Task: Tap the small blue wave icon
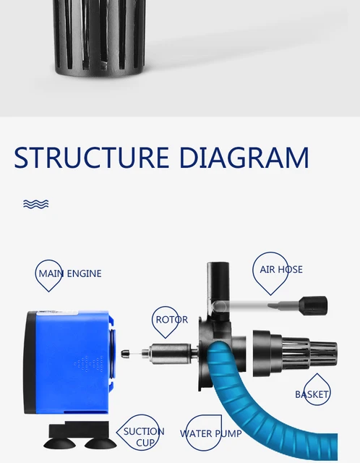35,204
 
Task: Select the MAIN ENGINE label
69,273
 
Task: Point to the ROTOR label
171,319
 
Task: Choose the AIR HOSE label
280,270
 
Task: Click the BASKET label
312,394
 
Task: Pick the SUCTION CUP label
143,436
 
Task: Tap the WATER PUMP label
210,433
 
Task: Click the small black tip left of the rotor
127,353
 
